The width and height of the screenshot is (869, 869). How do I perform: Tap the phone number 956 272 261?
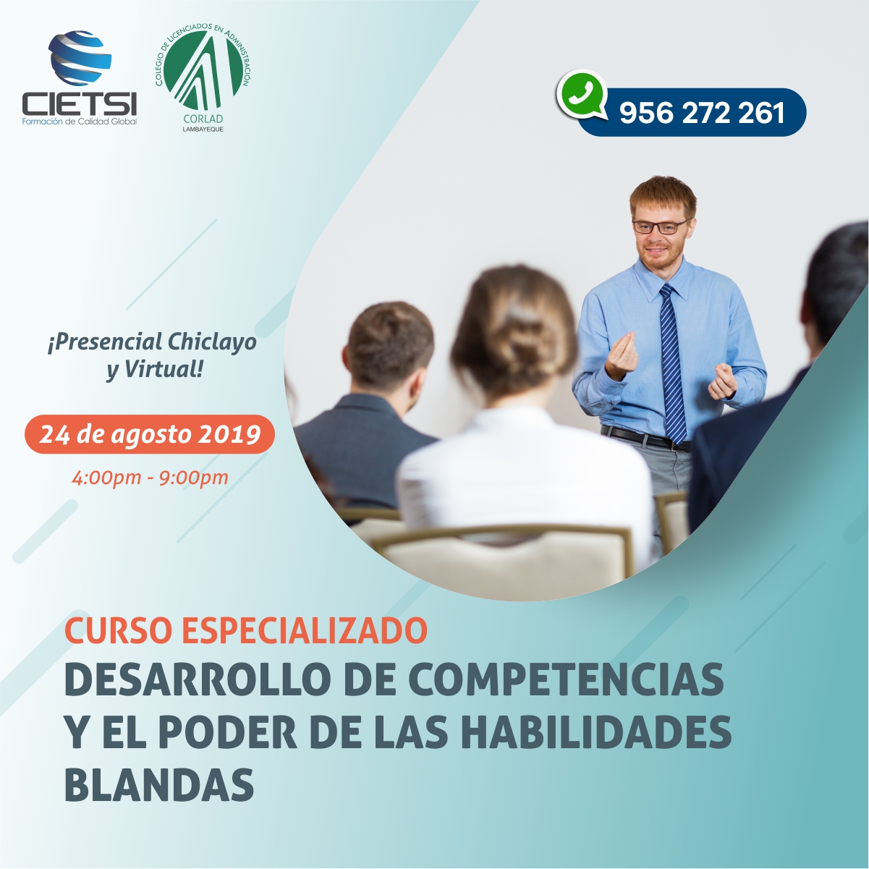point(702,113)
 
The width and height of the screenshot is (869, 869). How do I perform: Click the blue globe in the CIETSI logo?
point(80,58)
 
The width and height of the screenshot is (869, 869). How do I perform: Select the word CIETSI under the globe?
point(80,103)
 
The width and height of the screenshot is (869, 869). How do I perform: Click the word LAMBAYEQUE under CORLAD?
point(203,130)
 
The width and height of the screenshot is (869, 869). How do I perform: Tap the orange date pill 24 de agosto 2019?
point(150,434)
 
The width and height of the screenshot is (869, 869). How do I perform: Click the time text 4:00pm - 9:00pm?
point(150,478)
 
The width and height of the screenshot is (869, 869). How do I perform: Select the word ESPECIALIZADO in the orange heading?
point(305,631)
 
